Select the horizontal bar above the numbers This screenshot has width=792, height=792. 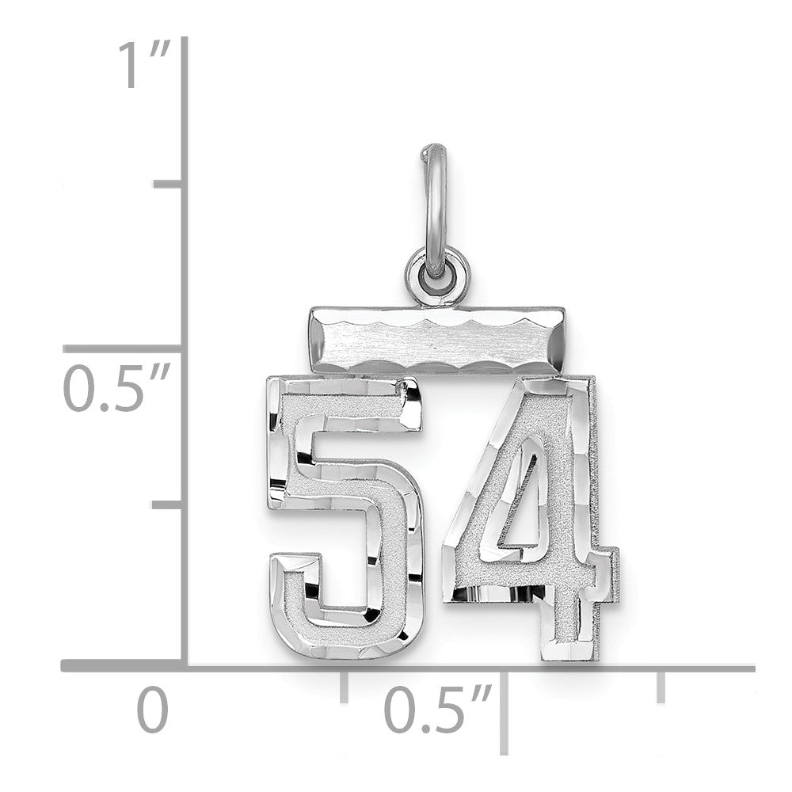tap(436, 340)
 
